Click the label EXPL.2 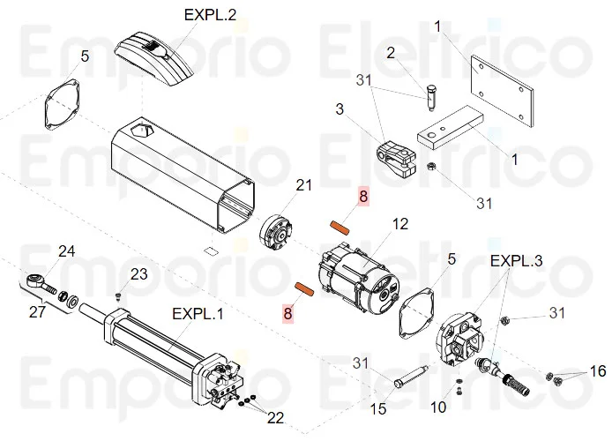[x=210, y=15]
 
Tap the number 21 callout [x=304, y=185]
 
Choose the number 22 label [x=277, y=417]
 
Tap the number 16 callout [x=598, y=371]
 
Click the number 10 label [x=438, y=407]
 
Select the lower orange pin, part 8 [x=304, y=288]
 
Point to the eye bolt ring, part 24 [x=36, y=284]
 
